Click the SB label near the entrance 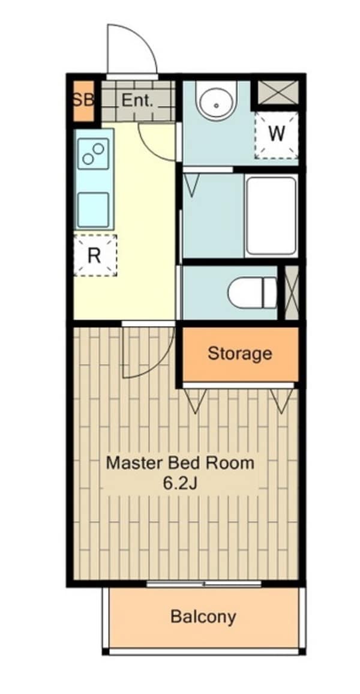click(83, 100)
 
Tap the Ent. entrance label click(137, 100)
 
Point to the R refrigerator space click(95, 255)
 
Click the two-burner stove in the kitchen click(94, 154)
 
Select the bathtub click(271, 216)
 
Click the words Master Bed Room click(181, 463)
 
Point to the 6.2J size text click(180, 483)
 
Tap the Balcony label click(203, 616)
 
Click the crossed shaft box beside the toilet click(292, 292)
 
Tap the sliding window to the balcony click(204, 584)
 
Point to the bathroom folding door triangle click(191, 185)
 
